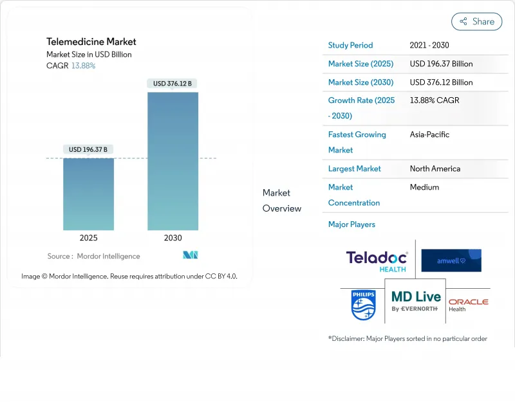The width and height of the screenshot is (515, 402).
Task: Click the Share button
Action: click(476, 21)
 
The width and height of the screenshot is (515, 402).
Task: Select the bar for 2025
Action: click(89, 194)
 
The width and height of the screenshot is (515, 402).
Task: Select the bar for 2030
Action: click(173, 161)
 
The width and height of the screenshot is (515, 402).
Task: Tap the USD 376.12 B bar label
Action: click(173, 84)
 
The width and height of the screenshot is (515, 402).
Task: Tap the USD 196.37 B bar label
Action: click(89, 149)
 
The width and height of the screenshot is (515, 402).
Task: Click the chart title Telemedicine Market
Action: click(91, 42)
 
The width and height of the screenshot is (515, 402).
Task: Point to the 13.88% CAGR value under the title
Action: click(83, 66)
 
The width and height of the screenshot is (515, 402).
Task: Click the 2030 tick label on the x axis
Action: click(173, 238)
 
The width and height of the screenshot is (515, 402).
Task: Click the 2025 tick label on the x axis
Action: click(89, 238)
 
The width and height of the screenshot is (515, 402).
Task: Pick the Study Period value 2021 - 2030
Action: click(429, 46)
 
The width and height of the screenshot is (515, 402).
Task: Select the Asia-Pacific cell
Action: click(429, 134)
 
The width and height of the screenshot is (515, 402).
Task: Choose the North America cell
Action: click(435, 169)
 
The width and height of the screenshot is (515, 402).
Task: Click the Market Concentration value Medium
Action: click(424, 187)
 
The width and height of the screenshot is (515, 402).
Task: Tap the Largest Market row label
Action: click(354, 169)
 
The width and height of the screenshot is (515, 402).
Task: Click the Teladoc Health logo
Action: click(377, 260)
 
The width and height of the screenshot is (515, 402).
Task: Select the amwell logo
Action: click(451, 260)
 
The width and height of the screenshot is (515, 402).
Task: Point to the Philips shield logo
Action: click(363, 305)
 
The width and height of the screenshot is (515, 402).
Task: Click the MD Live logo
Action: click(416, 300)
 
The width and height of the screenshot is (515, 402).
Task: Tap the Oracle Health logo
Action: click(468, 305)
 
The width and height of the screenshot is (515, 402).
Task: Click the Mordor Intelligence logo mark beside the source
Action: click(190, 255)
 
